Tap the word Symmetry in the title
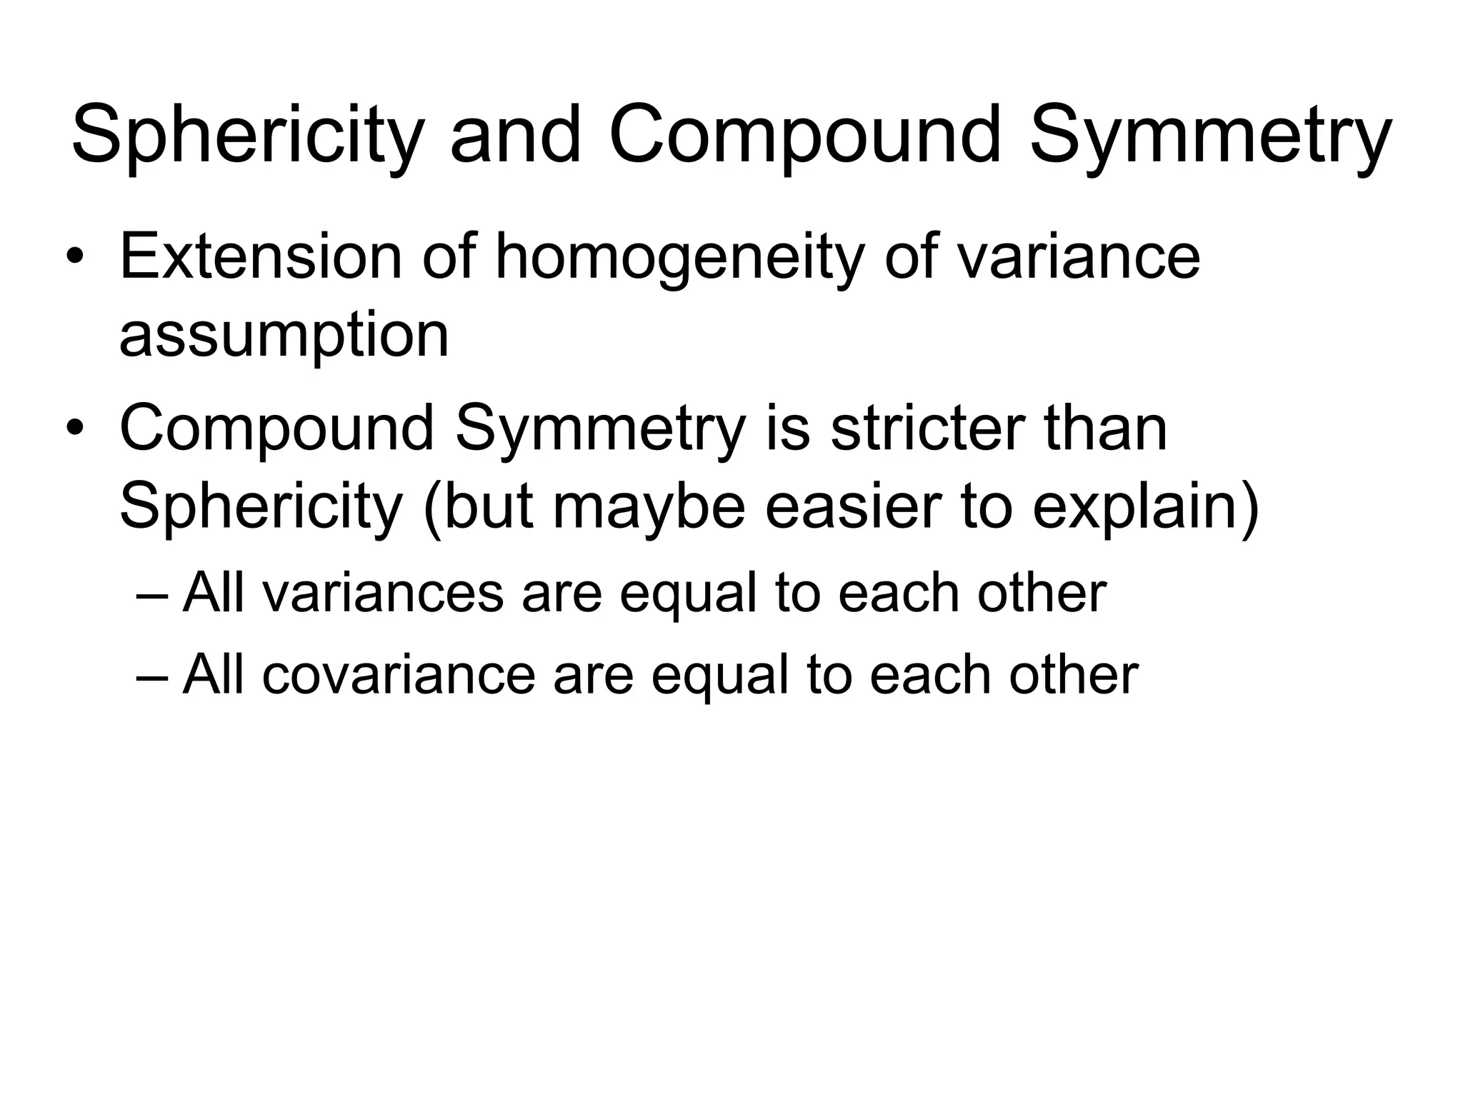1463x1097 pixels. click(1210, 136)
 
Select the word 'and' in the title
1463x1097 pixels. click(515, 136)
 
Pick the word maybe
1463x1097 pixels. click(649, 506)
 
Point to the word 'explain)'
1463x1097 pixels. click(1147, 506)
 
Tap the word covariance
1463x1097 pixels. click(399, 674)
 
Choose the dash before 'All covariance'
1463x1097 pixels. click(151, 674)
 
